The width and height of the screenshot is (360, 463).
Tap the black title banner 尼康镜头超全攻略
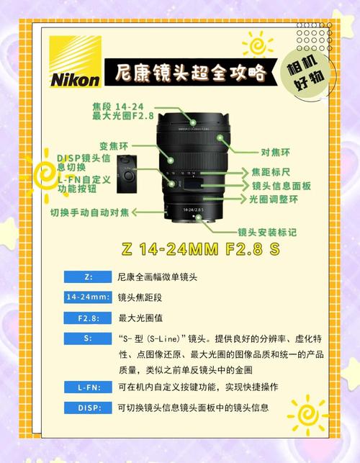tap(189, 72)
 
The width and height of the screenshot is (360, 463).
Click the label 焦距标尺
tap(270, 172)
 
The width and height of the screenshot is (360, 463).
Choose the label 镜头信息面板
tap(282, 186)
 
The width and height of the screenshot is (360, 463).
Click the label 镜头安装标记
tap(267, 232)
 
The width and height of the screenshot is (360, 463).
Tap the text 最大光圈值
tap(140, 317)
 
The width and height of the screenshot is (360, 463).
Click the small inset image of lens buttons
tap(127, 174)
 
